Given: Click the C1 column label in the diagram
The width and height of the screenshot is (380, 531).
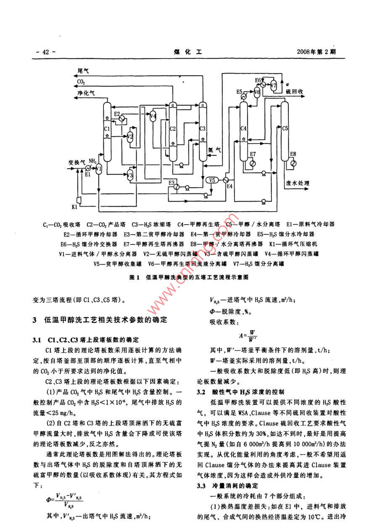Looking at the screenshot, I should [106, 128].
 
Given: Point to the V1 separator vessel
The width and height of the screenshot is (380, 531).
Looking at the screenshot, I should [99, 169].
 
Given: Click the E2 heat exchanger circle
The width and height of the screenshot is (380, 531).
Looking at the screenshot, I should [121, 119].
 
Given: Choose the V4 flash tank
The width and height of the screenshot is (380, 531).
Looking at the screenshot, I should [153, 116].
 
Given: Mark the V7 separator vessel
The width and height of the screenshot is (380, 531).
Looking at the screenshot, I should [274, 85].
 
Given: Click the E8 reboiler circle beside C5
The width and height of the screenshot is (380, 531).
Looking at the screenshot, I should [293, 163].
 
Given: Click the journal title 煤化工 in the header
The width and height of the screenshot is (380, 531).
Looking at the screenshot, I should [188, 52].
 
